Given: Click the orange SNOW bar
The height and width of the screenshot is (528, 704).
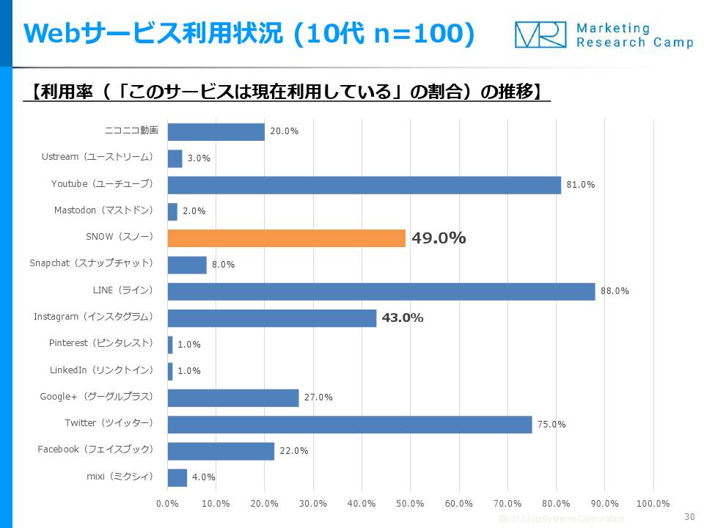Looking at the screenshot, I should point(286,238).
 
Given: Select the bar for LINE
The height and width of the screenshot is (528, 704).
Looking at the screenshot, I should point(381,291).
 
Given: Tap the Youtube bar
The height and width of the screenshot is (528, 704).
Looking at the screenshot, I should point(364,185).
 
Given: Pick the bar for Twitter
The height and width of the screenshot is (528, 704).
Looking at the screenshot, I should point(349,424).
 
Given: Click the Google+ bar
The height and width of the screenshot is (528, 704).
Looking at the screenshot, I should point(233,397).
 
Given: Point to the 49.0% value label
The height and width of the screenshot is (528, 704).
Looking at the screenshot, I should point(439,238).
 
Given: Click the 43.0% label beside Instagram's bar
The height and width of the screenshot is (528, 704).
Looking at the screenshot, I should point(402,318).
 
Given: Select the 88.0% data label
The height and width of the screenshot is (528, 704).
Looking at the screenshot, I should point(615,291).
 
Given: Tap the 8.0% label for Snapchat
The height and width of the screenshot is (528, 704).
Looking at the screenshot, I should point(223,265).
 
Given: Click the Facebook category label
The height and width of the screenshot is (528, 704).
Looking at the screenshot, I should point(95,450).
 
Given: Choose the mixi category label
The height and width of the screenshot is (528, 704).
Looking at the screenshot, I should point(120,477).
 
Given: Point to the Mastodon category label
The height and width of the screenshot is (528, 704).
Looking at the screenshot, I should point(103,210).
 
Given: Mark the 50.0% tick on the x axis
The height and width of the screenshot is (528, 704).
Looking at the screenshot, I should point(410,504).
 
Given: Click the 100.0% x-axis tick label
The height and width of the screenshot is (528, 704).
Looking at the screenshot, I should point(653,504).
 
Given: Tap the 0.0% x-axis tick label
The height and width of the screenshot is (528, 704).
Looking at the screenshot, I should point(167,504).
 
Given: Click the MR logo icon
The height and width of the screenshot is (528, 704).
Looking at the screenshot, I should point(540,34).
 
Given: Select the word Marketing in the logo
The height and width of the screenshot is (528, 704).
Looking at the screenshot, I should point(613,28).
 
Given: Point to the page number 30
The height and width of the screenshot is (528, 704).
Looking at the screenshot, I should point(689,517).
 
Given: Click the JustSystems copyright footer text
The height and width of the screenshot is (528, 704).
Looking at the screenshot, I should point(561,519).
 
